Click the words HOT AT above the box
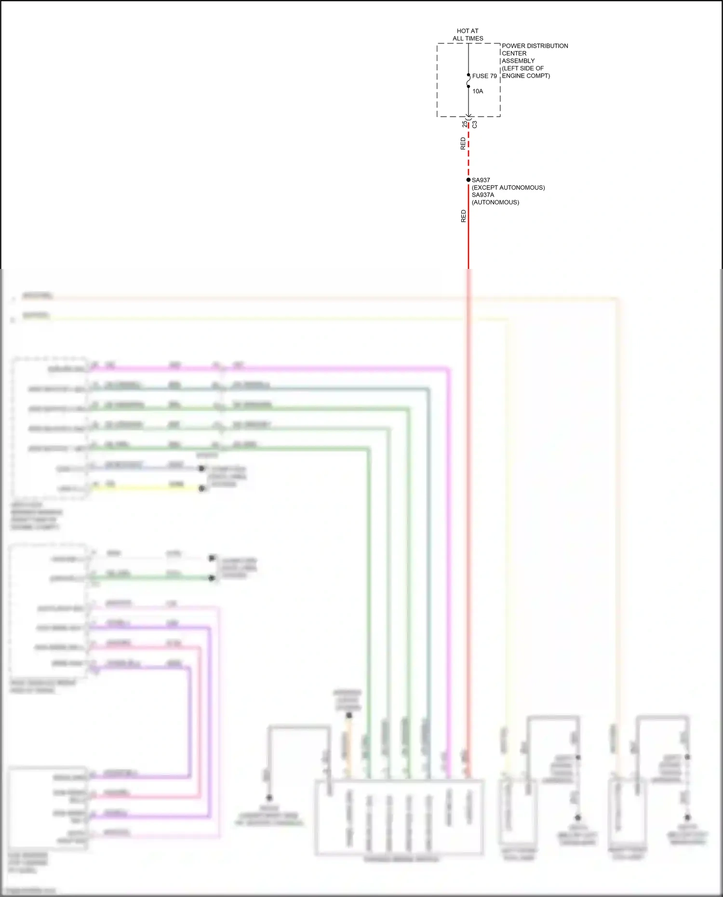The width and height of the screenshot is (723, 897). pos(468,31)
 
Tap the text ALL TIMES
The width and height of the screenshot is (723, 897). pos(468,39)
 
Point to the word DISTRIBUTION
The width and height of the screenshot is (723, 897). pos(547,46)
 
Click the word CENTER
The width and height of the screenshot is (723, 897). pos(514,54)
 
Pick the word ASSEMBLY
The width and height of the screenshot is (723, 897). pos(518,61)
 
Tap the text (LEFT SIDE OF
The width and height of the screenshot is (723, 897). pos(522,68)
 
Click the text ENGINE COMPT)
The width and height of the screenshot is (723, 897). pos(526,76)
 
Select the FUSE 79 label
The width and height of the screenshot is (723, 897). pos(484,76)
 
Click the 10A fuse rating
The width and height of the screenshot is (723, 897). pos(478,91)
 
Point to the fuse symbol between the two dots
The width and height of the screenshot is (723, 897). pos(468,81)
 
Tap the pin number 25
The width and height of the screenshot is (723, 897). pos(464,124)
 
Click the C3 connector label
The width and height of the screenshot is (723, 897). pos(475,124)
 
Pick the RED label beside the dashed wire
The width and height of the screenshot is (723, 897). pos(463,144)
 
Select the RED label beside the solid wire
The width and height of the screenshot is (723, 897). pos(463,216)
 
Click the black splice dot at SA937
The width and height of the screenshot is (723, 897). pos(468,180)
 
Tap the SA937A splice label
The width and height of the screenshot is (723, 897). pos(482,195)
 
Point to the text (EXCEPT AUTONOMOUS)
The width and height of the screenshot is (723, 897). pos(508,187)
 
